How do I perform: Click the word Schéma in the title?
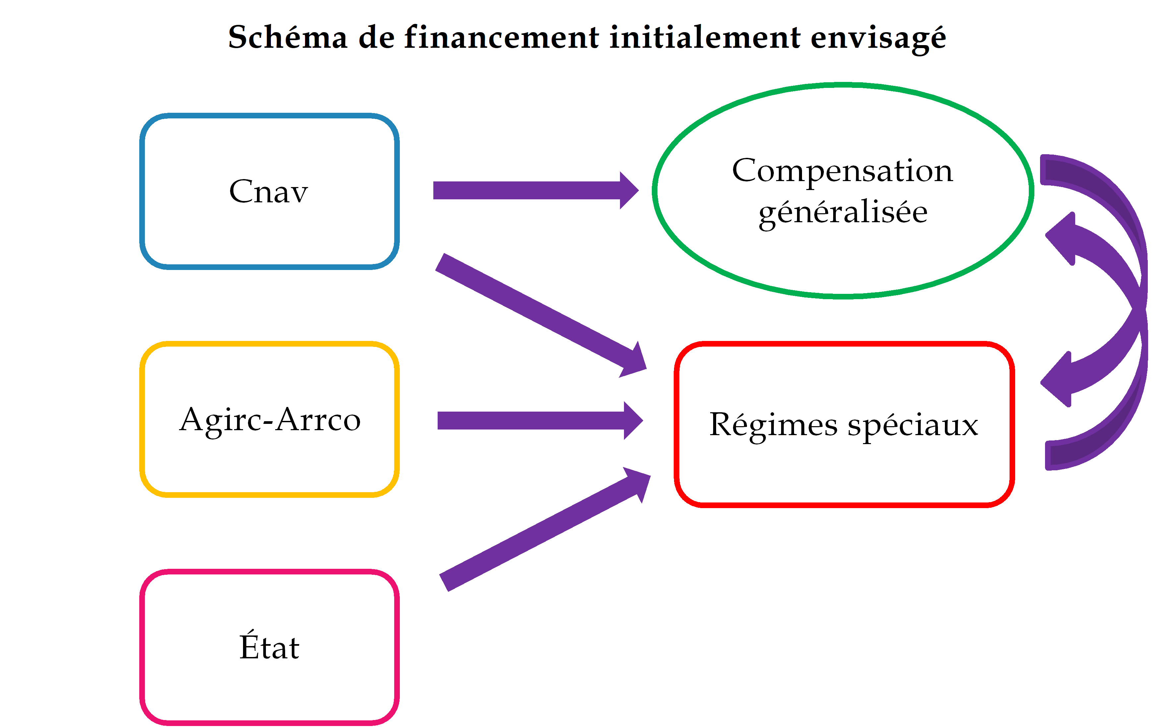[x=287, y=37]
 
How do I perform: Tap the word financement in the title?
[x=502, y=37]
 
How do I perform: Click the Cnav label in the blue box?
[x=268, y=192]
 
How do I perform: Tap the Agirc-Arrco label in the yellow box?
[x=270, y=420]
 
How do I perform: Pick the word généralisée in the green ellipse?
[x=843, y=212]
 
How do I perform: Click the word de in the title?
[x=376, y=37]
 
